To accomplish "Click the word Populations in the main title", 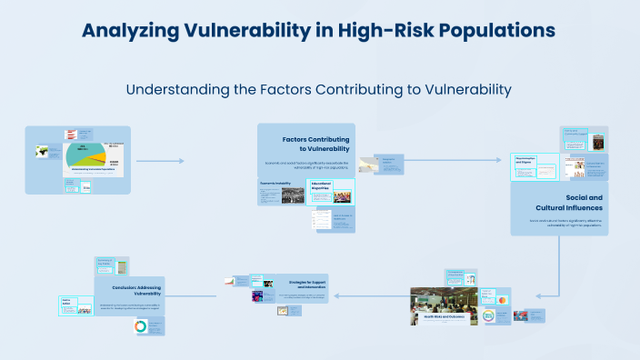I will (x=498, y=30).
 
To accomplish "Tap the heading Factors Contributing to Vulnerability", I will (x=315, y=143).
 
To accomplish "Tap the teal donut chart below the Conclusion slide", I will (x=140, y=326).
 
